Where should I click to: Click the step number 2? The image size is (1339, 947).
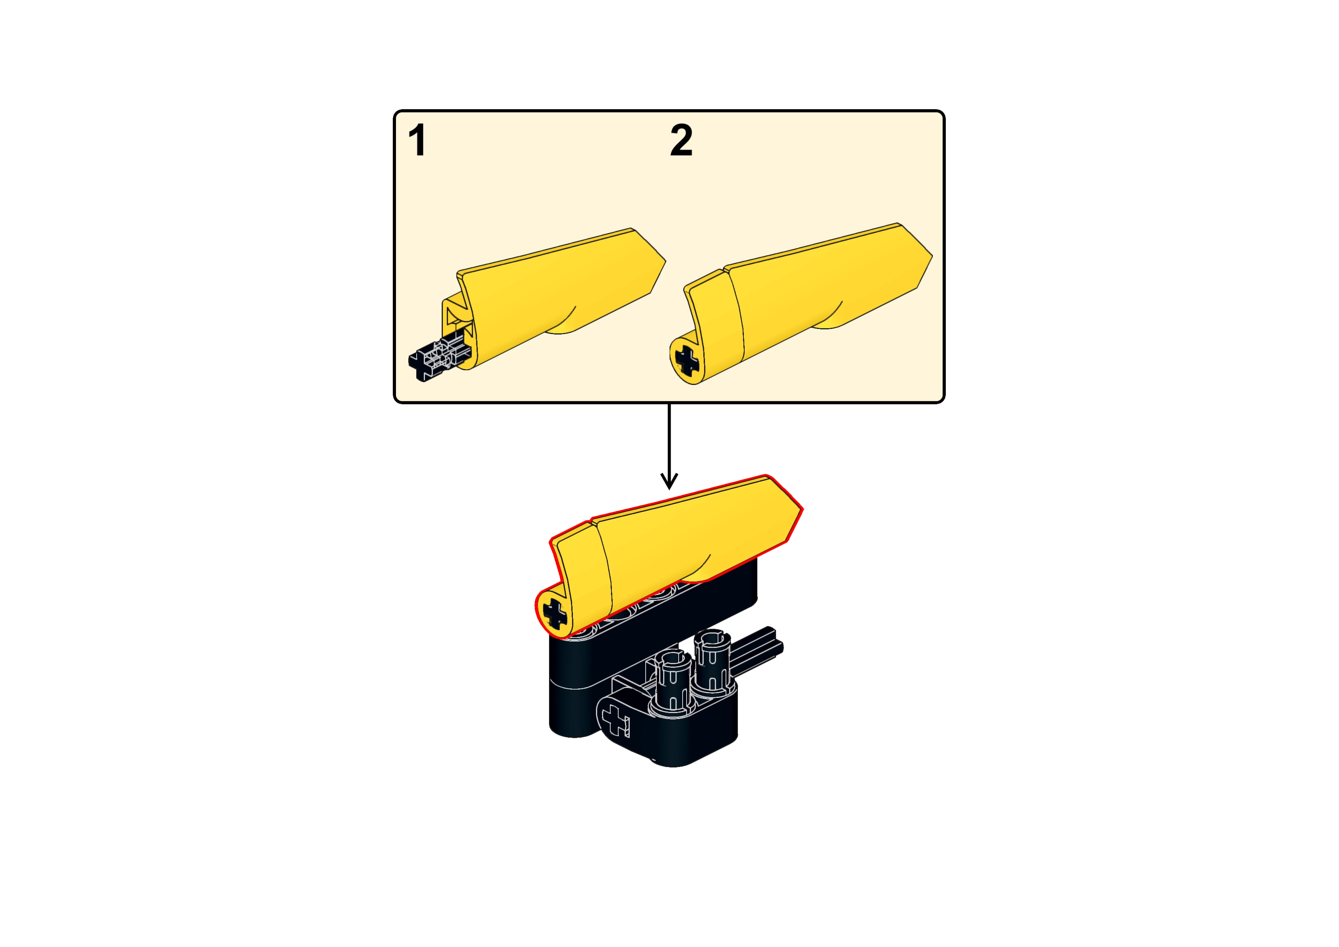[681, 141]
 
